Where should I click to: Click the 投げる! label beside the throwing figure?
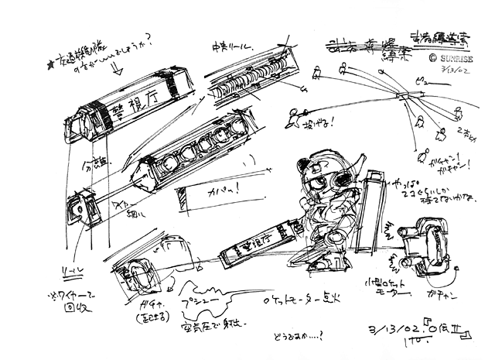313,122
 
